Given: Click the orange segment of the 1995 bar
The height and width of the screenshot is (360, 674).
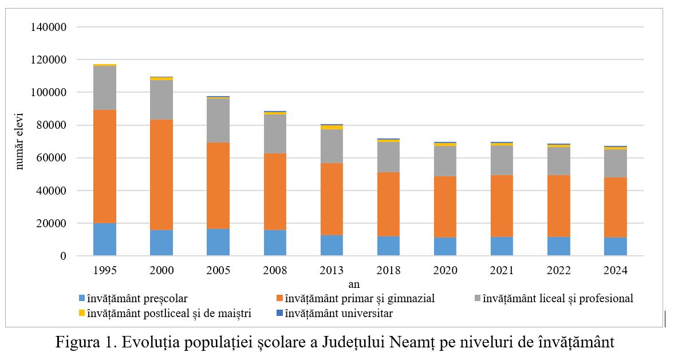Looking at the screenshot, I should click(x=105, y=166).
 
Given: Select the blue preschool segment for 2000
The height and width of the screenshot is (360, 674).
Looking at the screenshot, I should click(x=161, y=243).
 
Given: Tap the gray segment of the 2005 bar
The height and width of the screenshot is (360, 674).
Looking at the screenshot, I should click(x=218, y=120).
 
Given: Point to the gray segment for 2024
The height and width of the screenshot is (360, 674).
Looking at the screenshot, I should click(x=616, y=163).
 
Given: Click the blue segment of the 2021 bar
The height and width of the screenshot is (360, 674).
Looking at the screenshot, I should click(x=502, y=246).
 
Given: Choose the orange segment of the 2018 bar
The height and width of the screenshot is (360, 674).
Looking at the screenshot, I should click(x=388, y=204).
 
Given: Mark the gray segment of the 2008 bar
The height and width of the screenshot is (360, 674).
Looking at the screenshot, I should click(x=275, y=134).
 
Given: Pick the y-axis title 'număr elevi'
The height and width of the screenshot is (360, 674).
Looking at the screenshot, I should click(x=20, y=141).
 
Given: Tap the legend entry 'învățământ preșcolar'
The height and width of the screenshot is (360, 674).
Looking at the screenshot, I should click(x=137, y=298).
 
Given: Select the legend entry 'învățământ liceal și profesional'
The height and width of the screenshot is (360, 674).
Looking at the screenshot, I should click(x=558, y=298).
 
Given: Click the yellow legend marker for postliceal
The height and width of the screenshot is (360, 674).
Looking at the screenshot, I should click(x=82, y=313).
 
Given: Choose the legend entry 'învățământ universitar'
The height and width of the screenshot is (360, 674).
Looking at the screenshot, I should click(x=338, y=313).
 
